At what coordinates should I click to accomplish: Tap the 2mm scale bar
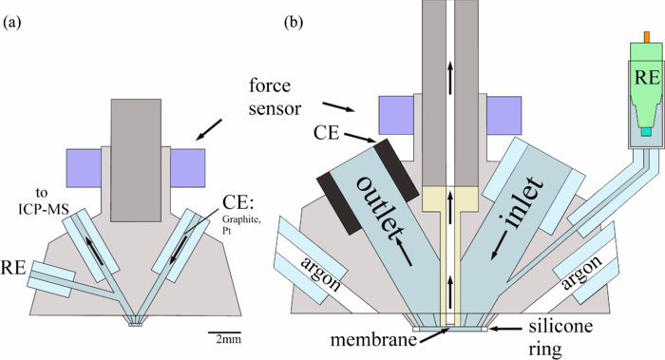226,334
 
